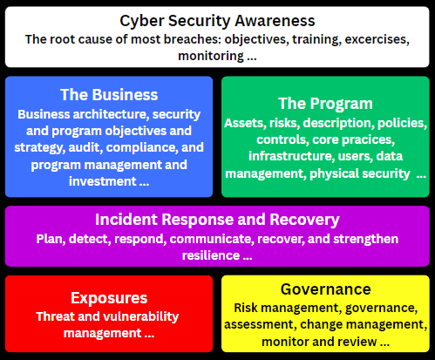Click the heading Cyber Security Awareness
(217, 22)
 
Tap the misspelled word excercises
(377, 39)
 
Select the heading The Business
(109, 95)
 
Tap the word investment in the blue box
(103, 181)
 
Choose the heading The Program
(325, 104)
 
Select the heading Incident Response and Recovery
(217, 220)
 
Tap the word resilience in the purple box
(211, 255)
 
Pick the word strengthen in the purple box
(365, 240)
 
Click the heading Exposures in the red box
(109, 298)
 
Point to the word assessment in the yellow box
(259, 324)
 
